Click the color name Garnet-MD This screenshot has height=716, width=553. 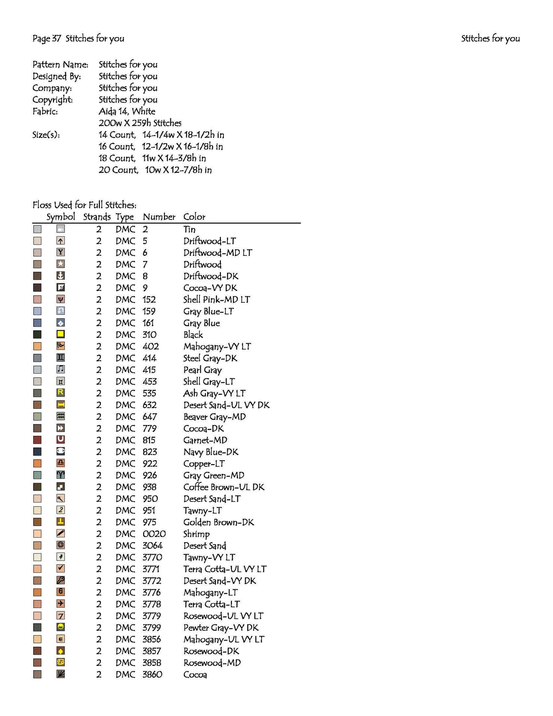click(205, 440)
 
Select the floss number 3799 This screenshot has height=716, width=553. click(152, 628)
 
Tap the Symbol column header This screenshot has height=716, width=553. click(60, 217)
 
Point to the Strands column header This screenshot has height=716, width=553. click(97, 217)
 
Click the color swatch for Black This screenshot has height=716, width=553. click(37, 335)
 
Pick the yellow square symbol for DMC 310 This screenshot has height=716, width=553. click(60, 334)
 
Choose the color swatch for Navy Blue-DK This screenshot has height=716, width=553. click(37, 452)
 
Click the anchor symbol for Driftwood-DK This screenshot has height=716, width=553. click(60, 276)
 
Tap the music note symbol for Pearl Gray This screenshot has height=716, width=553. click(60, 369)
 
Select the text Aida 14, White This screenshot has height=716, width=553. click(127, 111)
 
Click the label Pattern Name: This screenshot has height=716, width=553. click(60, 64)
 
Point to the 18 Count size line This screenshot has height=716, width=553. click(152, 158)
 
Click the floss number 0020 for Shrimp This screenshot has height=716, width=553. click(154, 534)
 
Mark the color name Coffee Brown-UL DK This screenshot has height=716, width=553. click(224, 487)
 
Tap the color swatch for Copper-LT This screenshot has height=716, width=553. click(37, 464)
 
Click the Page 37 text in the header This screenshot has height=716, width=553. click(46, 38)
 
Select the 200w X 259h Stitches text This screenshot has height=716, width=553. click(140, 123)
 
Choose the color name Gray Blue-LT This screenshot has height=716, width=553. click(209, 311)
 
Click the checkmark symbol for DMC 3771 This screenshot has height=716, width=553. click(60, 569)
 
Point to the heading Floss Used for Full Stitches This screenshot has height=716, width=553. click(84, 205)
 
